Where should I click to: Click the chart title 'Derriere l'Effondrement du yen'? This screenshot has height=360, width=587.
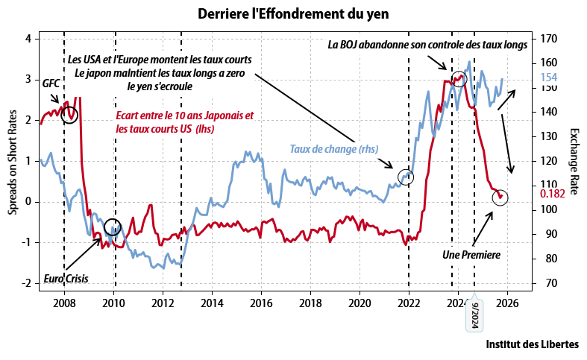tap(294, 14)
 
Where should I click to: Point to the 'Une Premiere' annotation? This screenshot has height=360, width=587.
tap(471, 254)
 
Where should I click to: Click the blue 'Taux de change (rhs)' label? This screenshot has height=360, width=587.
tap(334, 149)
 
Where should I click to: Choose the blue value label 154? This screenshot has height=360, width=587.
tap(548, 78)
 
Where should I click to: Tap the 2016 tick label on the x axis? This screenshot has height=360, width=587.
tap(261, 304)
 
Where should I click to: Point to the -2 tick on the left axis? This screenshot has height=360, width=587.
tap(28, 283)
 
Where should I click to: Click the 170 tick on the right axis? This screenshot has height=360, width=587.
tap(550, 38)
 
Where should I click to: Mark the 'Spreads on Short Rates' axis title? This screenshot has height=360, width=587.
tap(13, 161)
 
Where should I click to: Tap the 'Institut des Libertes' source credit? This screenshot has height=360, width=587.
tap(532, 344)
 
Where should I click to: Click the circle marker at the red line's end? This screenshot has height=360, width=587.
tap(500, 198)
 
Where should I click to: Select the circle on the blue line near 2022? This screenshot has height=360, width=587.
tap(406, 177)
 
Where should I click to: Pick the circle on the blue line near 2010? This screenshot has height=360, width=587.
tap(113, 227)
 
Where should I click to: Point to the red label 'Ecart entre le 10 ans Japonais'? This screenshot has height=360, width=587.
tap(185, 116)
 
